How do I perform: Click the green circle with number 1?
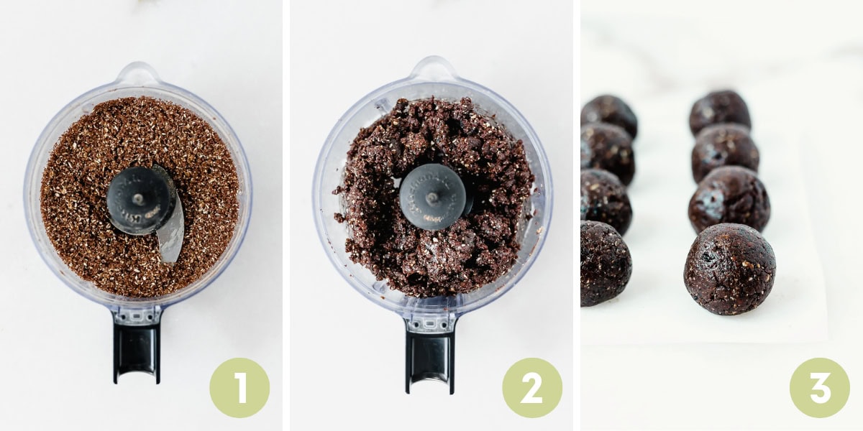pos(239,388)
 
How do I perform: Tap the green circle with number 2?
pos(532,388)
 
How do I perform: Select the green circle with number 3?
pos(820,388)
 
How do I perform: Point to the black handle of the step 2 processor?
pos(430,356)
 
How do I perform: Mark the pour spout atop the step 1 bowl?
pos(137,74)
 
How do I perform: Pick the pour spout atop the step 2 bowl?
pos(432,69)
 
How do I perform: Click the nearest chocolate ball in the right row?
pos(729,269)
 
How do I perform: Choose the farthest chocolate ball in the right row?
pos(720,111)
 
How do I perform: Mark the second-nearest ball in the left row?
pos(606,201)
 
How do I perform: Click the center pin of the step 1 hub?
pos(137,199)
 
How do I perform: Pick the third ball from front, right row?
pos(725,152)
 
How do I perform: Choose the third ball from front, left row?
pos(607,152)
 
